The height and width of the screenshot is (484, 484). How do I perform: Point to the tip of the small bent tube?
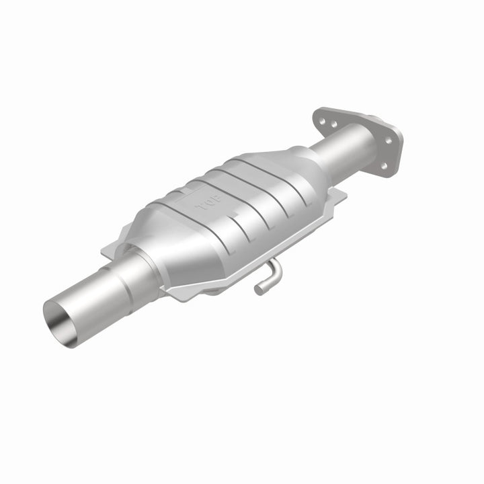pyautogui.click(x=257, y=290)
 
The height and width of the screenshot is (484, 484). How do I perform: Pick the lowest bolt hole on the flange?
pyautogui.click(x=384, y=164)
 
